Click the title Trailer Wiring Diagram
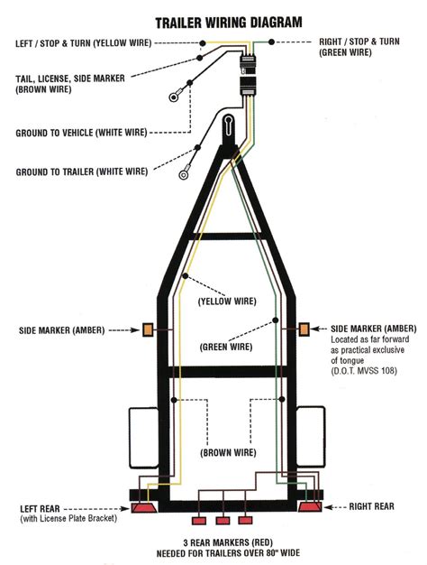pos(229,20)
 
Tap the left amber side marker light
pos(147,331)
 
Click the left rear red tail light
pos(143,510)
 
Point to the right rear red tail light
pos(310,510)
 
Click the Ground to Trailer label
pos(81,171)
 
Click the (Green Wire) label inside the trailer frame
pos(226,345)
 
